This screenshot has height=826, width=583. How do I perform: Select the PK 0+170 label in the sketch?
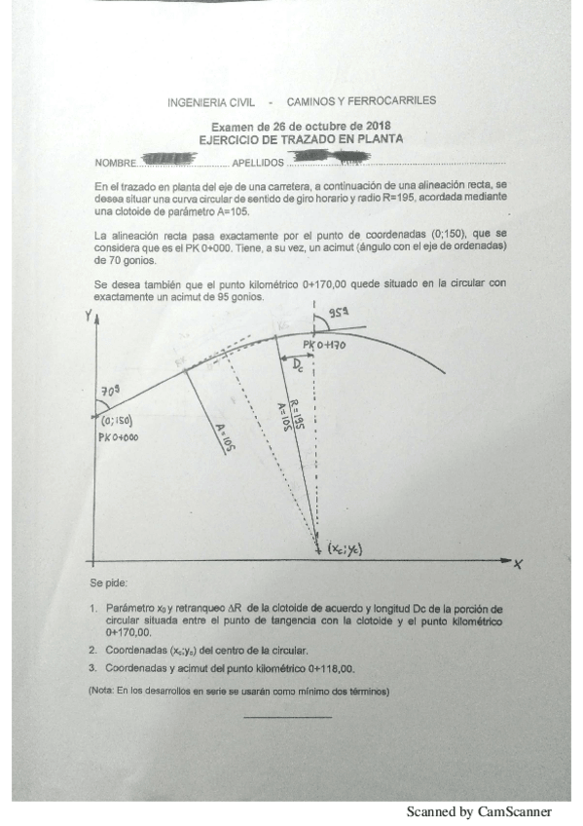click(324, 346)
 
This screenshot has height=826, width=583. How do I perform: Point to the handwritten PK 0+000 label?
click(119, 437)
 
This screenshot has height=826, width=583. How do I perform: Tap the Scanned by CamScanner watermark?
click(479, 810)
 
